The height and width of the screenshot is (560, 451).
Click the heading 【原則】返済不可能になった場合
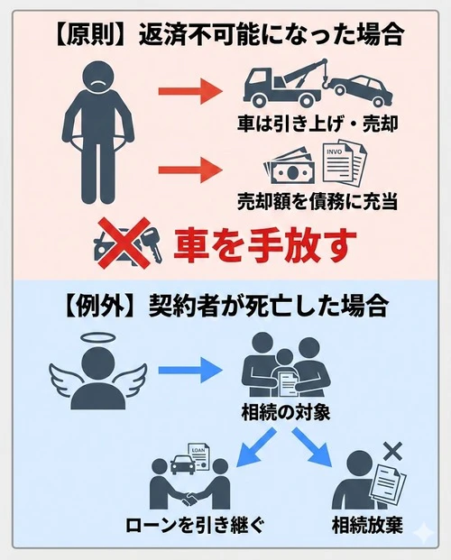pos(225,33)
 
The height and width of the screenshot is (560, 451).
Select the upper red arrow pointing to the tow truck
pos(189,90)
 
